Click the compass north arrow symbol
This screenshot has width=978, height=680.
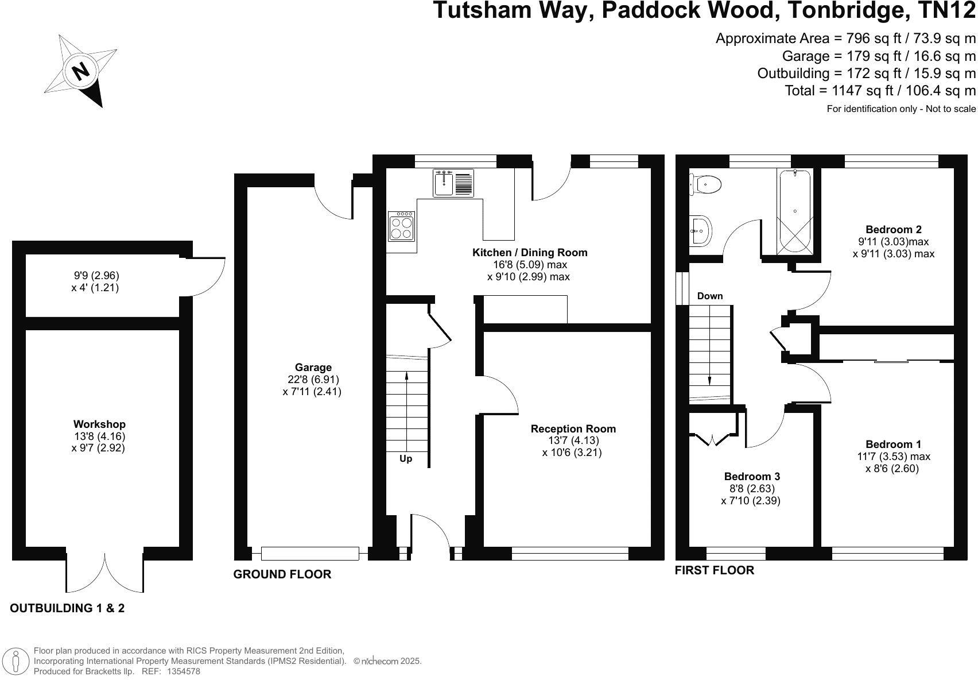[x=81, y=71]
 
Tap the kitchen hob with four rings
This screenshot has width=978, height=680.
[x=401, y=226]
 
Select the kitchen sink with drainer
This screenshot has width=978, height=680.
[x=453, y=183]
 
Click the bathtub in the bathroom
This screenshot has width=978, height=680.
[x=795, y=211]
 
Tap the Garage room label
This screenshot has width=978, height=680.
[x=313, y=368]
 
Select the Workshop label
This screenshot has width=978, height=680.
[x=99, y=424]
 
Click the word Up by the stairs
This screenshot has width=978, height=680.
[x=406, y=459]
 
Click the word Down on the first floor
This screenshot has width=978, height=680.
[x=710, y=296]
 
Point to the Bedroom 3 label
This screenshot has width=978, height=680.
[x=752, y=477]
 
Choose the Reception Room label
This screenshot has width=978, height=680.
[x=573, y=429]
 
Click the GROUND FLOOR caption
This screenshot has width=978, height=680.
[x=282, y=574]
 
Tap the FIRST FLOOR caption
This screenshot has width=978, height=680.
[x=714, y=570]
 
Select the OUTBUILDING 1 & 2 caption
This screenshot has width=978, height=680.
[x=67, y=608]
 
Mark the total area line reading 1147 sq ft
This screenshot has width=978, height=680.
[x=880, y=91]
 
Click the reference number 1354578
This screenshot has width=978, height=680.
[x=183, y=671]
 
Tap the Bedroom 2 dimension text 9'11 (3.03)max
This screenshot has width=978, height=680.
[x=894, y=242]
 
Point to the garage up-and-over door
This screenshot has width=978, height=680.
[x=310, y=554]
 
